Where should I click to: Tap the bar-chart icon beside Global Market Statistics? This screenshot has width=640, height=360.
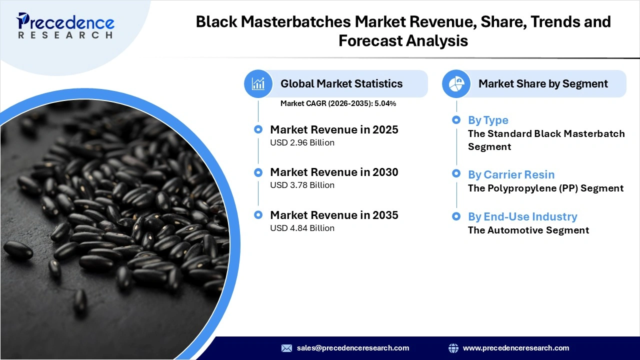tap(258, 83)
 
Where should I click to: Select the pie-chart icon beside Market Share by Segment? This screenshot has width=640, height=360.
tap(456, 83)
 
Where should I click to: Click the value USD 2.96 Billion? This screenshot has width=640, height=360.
tap(302, 142)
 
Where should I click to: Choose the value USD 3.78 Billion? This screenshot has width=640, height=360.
tap(302, 185)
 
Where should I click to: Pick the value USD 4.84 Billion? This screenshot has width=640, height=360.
tap(302, 228)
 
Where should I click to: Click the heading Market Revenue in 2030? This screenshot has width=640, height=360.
tap(334, 172)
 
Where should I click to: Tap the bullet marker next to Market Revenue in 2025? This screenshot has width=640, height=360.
tap(258, 129)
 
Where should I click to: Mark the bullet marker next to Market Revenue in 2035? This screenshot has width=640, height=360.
tap(258, 215)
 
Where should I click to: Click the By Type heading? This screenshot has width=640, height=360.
tap(488, 120)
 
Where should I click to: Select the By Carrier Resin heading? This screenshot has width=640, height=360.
tap(511, 174)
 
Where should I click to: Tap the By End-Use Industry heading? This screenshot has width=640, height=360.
tap(522, 216)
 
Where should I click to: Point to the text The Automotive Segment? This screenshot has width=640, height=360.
tap(528, 230)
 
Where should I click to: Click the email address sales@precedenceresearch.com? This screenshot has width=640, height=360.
tap(352, 348)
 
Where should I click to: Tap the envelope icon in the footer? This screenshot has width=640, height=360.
tap(286, 348)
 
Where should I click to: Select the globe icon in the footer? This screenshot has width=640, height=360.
tap(453, 348)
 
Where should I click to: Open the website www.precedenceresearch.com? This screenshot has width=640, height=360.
tap(515, 348)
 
